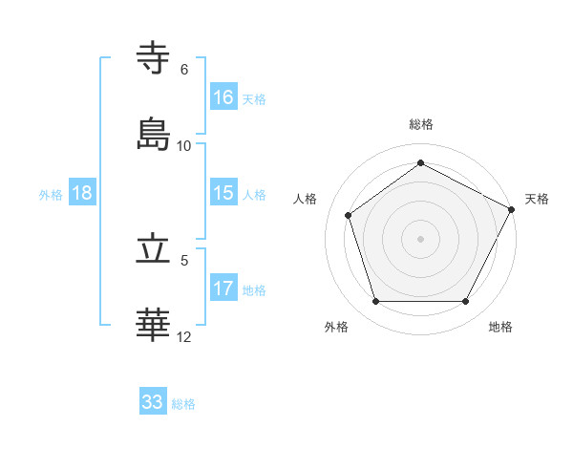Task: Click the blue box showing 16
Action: tap(223, 97)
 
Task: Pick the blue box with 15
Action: tap(223, 193)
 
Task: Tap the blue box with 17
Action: tap(223, 289)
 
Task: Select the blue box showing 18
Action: tap(82, 193)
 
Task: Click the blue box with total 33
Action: tap(153, 402)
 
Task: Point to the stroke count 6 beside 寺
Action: tap(184, 70)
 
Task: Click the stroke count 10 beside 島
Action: tap(184, 146)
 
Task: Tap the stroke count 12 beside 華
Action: tap(184, 336)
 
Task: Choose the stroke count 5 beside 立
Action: tap(184, 260)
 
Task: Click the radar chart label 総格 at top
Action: tap(421, 124)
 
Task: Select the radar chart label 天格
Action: tap(537, 199)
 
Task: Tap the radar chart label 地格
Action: tap(500, 327)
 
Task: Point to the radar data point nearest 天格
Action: tap(513, 208)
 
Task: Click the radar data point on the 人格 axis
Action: tap(350, 215)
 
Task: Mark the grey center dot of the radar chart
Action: tap(421, 238)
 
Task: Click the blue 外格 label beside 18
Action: tap(51, 194)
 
